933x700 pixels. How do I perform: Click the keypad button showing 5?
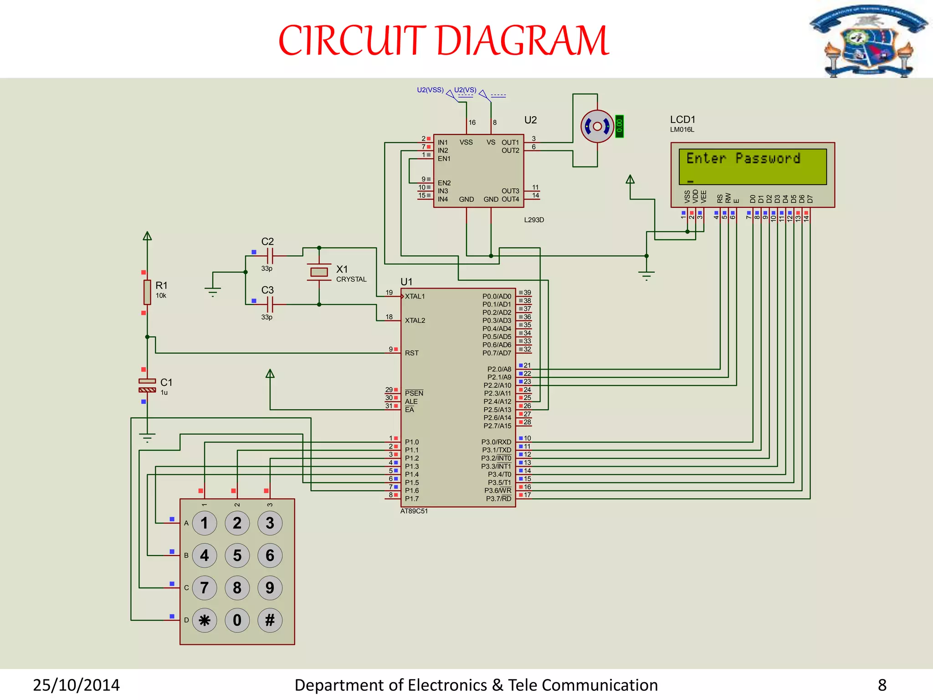coord(237,555)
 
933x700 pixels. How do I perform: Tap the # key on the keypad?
coord(270,620)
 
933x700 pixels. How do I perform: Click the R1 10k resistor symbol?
coord(147,292)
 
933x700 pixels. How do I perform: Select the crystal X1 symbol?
coord(319,272)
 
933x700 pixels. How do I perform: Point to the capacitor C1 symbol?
coord(147,385)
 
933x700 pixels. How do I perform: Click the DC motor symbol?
coord(597,126)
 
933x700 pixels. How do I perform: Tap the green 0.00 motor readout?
coord(619,126)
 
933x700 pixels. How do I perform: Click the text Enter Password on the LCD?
coord(743,158)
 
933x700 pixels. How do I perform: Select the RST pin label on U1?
coord(411,353)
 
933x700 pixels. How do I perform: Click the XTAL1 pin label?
coord(415,296)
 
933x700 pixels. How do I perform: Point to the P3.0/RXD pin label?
coord(496,442)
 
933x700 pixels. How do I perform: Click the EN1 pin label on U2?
coord(444,159)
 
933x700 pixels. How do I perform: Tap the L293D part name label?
coord(534,220)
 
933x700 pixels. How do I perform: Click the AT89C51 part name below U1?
coord(414,511)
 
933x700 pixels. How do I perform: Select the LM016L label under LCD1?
coord(682,129)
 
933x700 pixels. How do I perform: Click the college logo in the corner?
coord(868,41)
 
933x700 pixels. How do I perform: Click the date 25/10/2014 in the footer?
coord(76,685)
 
